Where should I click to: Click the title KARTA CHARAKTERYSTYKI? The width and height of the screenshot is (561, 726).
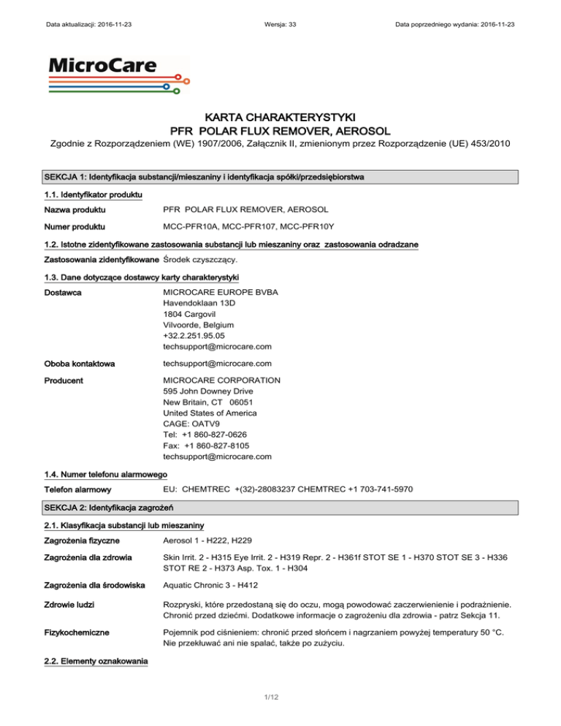[x=280, y=116]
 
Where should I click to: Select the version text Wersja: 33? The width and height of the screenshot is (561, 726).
[x=280, y=26]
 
